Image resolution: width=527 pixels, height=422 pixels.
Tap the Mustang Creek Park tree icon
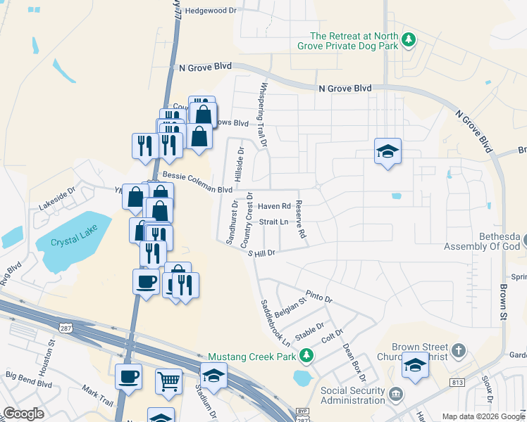coord(306,356)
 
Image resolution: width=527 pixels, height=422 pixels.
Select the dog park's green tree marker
coord(408,39)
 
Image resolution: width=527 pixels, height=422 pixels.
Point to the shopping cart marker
coord(169,381)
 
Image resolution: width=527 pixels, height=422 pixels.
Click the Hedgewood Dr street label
coord(206,11)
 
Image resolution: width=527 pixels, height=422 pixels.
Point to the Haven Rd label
coord(274,206)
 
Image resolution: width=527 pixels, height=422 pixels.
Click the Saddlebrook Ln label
coord(275,323)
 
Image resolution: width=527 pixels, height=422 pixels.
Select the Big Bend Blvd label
coord(29,385)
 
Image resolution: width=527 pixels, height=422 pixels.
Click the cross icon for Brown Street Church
coord(458,350)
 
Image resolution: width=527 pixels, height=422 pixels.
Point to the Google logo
coord(23,413)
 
